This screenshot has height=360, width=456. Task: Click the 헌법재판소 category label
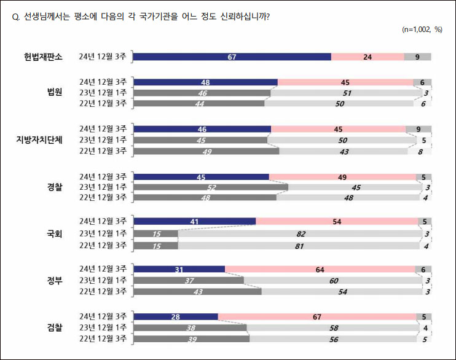[43, 57]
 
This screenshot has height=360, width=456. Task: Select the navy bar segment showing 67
[232, 57]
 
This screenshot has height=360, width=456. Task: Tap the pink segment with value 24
[368, 57]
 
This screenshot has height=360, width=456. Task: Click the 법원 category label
[55, 93]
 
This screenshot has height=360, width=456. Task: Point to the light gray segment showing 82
[301, 233]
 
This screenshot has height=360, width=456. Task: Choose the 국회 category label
[55, 233]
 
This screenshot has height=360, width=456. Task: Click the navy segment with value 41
[194, 221]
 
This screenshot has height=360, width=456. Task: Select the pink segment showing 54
[336, 221]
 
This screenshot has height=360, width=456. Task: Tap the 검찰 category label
[55, 329]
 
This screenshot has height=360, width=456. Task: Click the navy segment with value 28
[175, 316]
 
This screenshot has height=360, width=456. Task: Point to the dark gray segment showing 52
[210, 187]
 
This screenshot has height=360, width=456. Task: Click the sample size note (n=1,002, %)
[422, 29]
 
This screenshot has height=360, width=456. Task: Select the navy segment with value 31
[179, 269]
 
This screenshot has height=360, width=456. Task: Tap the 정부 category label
[55, 281]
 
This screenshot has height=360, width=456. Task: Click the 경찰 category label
[55, 187]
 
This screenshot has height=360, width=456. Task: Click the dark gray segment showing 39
[191, 338]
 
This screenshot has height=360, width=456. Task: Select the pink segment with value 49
[342, 177]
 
